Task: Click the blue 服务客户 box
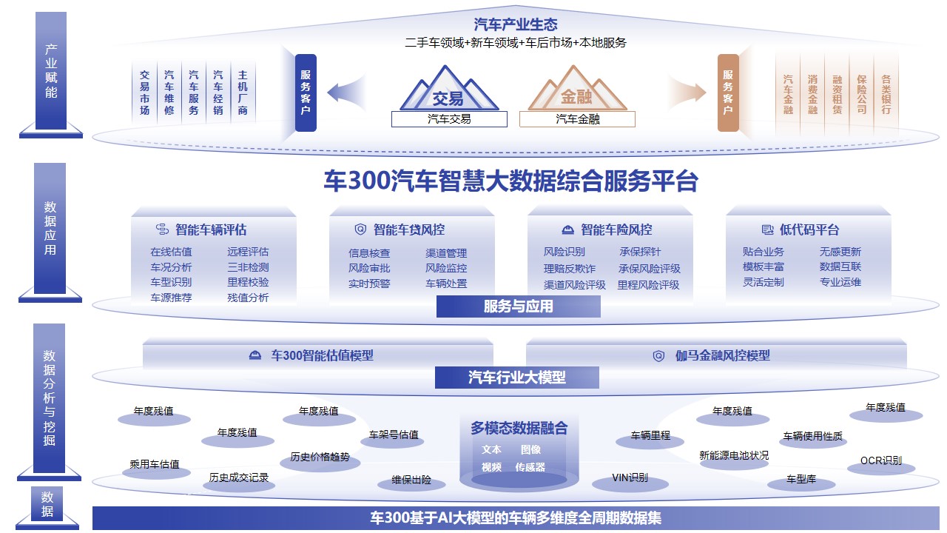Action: [x=306, y=93]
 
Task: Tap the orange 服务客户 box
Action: [x=728, y=93]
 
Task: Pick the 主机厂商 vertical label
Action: [x=243, y=93]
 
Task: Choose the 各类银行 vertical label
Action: [x=886, y=93]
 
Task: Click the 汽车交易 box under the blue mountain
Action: [x=449, y=118]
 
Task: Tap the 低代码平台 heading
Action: [x=809, y=229]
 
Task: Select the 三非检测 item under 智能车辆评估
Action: [x=248, y=267]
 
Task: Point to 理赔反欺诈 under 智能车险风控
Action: [x=569, y=269]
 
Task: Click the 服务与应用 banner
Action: [x=518, y=306]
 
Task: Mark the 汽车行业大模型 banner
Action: [x=516, y=378]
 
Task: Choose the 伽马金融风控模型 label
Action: [x=722, y=355]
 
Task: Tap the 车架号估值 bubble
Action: [x=394, y=436]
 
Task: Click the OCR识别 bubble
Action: [x=880, y=462]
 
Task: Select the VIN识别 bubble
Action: [x=630, y=479]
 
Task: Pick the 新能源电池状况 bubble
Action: [x=734, y=456]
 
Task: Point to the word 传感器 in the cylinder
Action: [x=530, y=467]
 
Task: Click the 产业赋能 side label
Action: [x=51, y=71]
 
